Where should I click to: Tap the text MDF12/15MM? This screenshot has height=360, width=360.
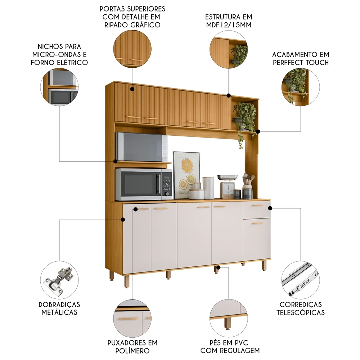point(229,25)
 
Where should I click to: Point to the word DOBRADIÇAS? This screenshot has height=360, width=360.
point(59,305)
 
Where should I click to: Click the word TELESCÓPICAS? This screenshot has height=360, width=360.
point(301,312)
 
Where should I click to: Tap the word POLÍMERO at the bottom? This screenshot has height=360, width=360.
point(132,351)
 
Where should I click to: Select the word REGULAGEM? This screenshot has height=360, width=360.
point(240,351)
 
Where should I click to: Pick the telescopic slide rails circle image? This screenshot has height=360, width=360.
point(301,280)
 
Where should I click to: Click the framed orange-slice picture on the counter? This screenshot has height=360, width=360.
point(186,175)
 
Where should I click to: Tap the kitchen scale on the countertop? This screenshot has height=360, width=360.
point(227,186)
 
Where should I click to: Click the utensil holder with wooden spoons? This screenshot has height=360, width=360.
point(248,186)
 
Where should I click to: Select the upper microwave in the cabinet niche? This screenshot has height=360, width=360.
point(141,147)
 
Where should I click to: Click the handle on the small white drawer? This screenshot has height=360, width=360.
point(257,206)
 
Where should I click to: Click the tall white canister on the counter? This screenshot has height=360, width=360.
point(208,188)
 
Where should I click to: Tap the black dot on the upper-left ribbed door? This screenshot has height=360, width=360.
point(132,89)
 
